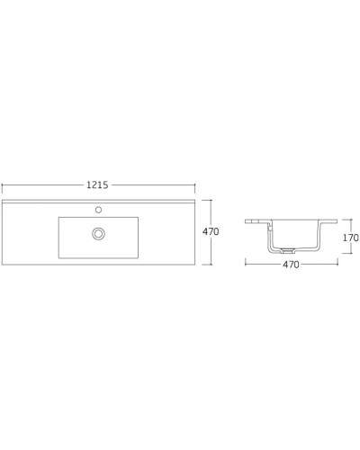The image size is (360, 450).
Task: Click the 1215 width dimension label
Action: click(97, 184)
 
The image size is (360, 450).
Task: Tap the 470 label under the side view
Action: click(292, 265)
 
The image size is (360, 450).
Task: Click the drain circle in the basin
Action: click(98, 234)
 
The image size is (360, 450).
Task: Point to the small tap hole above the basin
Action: click(98, 210)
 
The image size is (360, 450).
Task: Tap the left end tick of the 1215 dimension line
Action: click(2, 185)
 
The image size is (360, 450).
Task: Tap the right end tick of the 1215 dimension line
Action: click(194, 185)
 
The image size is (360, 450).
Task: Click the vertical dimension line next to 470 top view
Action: click(211, 247)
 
